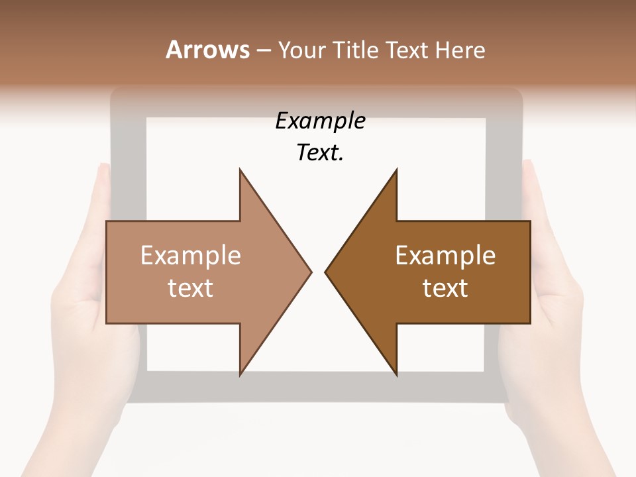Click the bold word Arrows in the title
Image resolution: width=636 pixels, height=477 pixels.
coord(207,50)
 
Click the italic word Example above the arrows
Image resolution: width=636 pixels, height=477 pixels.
coord(320,121)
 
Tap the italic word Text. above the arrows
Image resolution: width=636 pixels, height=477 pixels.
coord(320,153)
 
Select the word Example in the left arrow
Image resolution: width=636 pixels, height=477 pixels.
coord(191,255)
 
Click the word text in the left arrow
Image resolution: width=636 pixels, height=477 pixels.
coord(191,288)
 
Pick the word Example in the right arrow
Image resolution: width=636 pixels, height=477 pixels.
coord(445,255)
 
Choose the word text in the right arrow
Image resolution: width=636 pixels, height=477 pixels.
coord(445,288)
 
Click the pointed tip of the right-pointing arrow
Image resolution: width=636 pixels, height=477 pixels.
coord(311,271)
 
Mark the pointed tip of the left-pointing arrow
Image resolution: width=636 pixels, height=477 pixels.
coord(325,271)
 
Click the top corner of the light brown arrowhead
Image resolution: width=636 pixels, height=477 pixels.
coord(240,170)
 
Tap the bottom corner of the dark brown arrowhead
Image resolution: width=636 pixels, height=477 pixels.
coord(396,374)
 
